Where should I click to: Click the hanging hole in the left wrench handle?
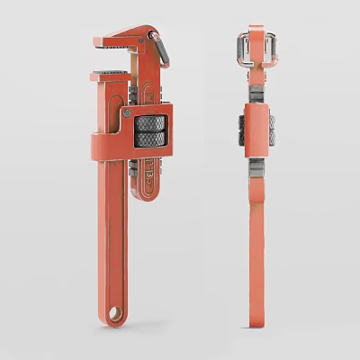point(115,313)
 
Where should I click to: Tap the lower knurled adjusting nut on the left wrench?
point(150,139)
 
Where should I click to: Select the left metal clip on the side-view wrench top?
point(242,49)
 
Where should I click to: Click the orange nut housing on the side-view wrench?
point(257,130)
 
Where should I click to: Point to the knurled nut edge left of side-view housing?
point(243,130)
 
